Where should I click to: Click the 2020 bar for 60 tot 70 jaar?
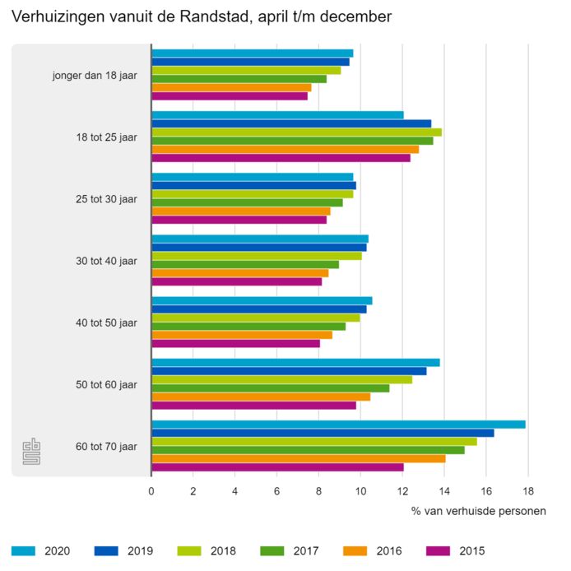point(338,425)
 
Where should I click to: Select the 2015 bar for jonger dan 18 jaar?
point(230,96)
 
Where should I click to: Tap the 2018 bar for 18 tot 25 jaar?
point(296,132)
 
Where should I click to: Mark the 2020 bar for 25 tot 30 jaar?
point(253,177)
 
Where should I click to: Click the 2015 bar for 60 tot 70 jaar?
point(277,467)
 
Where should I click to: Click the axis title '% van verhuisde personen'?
point(478,511)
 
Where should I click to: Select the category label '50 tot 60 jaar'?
point(106,384)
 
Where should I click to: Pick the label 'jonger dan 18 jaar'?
point(94,76)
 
